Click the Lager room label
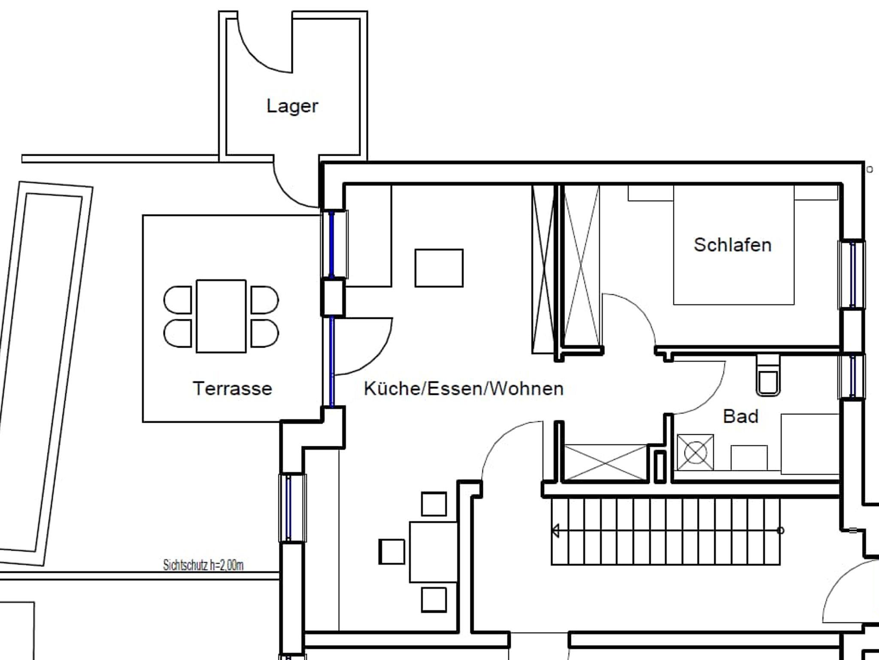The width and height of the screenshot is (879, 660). [x=292, y=106]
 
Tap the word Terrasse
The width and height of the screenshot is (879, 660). [x=233, y=388]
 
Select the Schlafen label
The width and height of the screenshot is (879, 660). [x=733, y=245]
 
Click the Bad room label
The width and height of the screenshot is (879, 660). [x=741, y=416]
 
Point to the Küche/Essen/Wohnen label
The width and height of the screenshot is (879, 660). [x=464, y=388]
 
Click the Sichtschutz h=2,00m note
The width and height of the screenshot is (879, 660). [x=203, y=565]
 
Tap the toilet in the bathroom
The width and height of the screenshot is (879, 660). [x=768, y=375]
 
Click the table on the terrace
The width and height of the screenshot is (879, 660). [x=221, y=316]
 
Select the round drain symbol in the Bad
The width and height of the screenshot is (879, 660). [x=695, y=453]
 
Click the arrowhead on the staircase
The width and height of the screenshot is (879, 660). [x=555, y=531]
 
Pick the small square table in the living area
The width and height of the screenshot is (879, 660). [x=439, y=268]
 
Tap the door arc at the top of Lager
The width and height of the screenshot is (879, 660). [x=258, y=54]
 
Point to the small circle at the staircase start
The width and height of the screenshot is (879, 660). [x=781, y=531]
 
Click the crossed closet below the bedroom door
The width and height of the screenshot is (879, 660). [x=605, y=462]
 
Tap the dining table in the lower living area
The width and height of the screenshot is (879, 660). [x=433, y=552]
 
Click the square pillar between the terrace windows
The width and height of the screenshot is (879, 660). [x=333, y=298]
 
